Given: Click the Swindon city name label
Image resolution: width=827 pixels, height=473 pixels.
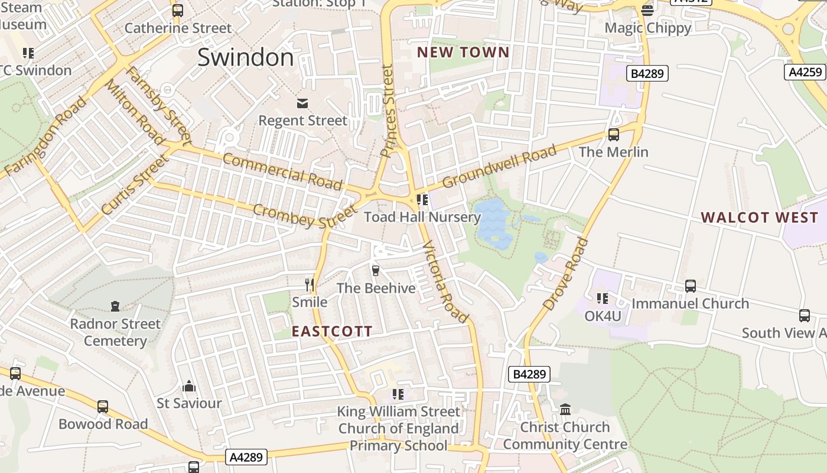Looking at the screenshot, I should [245, 57].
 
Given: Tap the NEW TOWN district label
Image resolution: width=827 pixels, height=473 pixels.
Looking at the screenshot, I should [463, 52].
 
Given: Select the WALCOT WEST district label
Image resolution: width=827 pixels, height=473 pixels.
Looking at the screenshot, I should [760, 218].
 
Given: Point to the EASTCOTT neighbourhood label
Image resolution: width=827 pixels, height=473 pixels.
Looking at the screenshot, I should [332, 332].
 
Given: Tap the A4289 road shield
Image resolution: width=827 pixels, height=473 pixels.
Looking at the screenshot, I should [246, 457].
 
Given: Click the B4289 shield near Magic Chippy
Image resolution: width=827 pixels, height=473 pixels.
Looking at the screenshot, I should [647, 74].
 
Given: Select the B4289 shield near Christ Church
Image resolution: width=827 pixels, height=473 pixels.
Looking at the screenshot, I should [529, 374].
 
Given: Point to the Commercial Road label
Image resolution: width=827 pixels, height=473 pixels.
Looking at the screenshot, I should [282, 171].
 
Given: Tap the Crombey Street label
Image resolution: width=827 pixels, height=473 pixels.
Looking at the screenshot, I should [305, 216].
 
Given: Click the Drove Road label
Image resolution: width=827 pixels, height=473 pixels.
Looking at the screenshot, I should [565, 274].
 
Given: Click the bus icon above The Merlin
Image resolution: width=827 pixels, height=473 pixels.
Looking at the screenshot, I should [614, 135].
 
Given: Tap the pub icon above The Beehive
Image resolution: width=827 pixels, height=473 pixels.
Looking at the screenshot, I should [375, 271].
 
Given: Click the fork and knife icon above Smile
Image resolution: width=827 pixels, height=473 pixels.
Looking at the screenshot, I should [309, 284].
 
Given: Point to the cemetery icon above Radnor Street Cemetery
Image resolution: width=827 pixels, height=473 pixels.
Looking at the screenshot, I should [115, 306].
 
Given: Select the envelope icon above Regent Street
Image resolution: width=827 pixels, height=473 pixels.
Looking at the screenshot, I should [302, 103].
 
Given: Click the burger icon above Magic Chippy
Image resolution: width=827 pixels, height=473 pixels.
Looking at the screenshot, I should [647, 10].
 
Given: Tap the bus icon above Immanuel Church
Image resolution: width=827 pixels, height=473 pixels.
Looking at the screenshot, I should [690, 286].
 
